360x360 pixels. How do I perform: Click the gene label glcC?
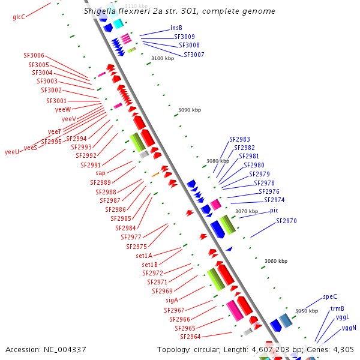tap(19, 17)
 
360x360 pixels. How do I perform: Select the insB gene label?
tap(176, 28)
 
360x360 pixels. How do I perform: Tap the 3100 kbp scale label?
tap(162, 58)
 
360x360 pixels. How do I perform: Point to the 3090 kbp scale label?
tap(190, 110)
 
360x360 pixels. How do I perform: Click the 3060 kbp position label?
tap(276, 261)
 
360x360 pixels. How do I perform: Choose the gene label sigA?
tap(172, 300)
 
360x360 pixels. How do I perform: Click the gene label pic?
tap(274, 211)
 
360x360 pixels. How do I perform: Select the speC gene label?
tap(330, 296)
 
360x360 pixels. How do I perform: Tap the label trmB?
tap(337, 308)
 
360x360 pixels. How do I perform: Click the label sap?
tap(100, 173)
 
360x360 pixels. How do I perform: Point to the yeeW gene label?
tap(63, 109)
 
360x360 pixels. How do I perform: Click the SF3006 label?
tap(34, 55)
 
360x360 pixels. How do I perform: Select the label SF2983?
tap(239, 139)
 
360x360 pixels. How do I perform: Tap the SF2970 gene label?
tap(286, 221)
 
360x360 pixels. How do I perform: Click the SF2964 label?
tap(190, 337)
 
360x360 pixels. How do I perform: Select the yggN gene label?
tap(349, 328)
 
